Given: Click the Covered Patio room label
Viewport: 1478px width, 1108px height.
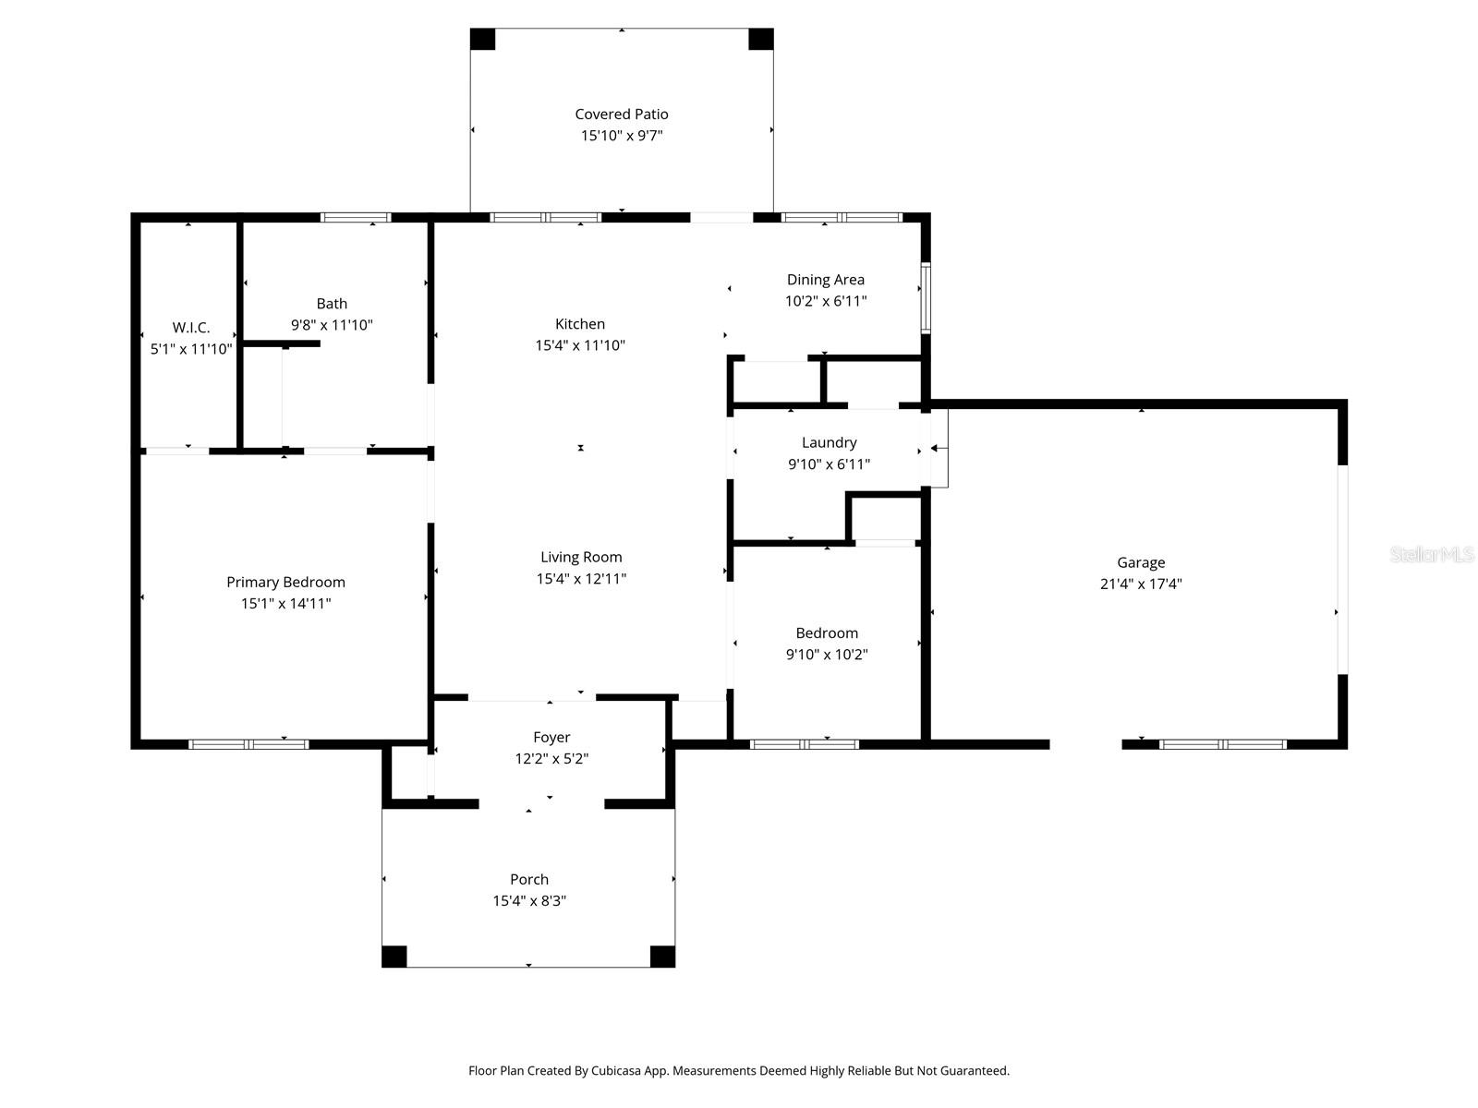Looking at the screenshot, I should [x=621, y=114].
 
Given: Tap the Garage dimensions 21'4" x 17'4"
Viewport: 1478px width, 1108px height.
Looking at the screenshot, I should [x=1141, y=584].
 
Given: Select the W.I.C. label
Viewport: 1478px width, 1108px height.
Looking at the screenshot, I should [x=191, y=328].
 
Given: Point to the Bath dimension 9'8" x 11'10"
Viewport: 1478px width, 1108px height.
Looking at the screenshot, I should [x=332, y=325].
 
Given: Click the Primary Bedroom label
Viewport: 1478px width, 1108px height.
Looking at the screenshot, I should [x=285, y=582].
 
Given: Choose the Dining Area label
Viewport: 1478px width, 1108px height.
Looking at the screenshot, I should [x=825, y=280].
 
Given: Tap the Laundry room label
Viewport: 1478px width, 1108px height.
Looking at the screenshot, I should [x=829, y=442].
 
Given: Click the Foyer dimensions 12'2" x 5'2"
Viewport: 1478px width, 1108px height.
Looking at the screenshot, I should [x=551, y=759].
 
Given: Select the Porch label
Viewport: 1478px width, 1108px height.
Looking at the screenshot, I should [x=528, y=879].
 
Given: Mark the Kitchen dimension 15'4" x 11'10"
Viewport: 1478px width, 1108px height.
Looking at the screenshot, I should [x=580, y=345].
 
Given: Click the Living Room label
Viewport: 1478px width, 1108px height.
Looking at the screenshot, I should [x=581, y=557].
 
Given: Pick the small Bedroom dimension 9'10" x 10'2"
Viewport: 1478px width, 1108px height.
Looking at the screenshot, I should [x=827, y=655].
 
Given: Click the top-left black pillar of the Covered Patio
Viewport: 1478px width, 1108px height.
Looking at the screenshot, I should [x=482, y=39].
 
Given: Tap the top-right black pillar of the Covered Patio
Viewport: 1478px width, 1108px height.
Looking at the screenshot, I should [x=760, y=39].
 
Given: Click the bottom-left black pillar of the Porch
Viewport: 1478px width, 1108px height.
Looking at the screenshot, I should [x=394, y=957].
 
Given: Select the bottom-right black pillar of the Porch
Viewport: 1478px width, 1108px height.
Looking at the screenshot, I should [x=662, y=957].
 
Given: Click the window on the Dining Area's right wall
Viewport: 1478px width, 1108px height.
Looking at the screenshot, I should [x=925, y=298].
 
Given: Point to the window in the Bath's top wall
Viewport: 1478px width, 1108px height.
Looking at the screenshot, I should [x=356, y=218].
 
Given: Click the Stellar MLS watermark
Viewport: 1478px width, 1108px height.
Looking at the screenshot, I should [x=1432, y=555].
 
